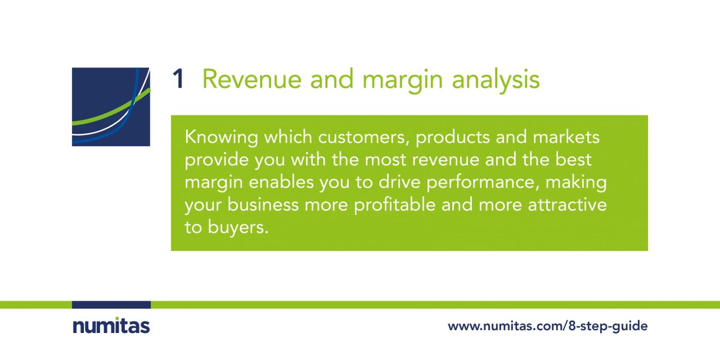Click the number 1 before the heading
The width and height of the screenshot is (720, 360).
point(178,80)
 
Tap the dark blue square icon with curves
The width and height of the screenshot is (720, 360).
point(111,107)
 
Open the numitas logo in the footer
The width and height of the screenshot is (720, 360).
point(111,326)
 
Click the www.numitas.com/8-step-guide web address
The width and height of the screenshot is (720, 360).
point(547,327)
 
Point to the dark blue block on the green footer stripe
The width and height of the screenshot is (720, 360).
point(111,305)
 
